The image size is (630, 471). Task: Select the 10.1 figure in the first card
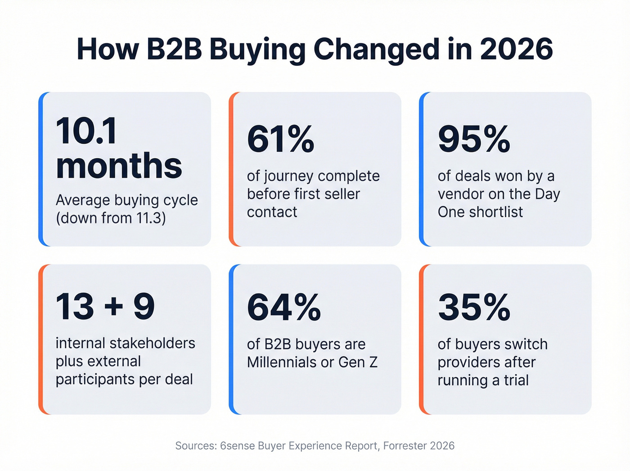(86, 131)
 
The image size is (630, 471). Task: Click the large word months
(119, 166)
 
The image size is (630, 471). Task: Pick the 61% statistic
(280, 139)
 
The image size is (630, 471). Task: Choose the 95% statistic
(474, 139)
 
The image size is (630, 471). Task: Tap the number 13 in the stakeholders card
(75, 307)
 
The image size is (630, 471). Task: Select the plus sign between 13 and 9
(114, 307)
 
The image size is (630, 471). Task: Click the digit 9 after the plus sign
(144, 307)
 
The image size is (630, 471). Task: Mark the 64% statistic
(283, 307)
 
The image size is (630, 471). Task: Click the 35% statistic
(474, 307)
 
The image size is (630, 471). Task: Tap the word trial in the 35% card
(516, 380)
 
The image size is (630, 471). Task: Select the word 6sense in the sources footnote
(237, 446)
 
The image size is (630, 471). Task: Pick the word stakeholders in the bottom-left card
(153, 343)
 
